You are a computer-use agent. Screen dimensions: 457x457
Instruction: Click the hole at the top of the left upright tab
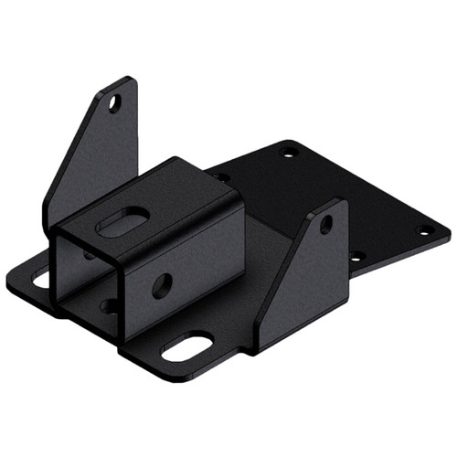pyautogui.click(x=115, y=102)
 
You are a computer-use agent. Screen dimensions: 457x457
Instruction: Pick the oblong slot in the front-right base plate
pyautogui.click(x=186, y=348)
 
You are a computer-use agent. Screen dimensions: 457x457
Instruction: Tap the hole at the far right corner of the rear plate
pyautogui.click(x=421, y=231)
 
